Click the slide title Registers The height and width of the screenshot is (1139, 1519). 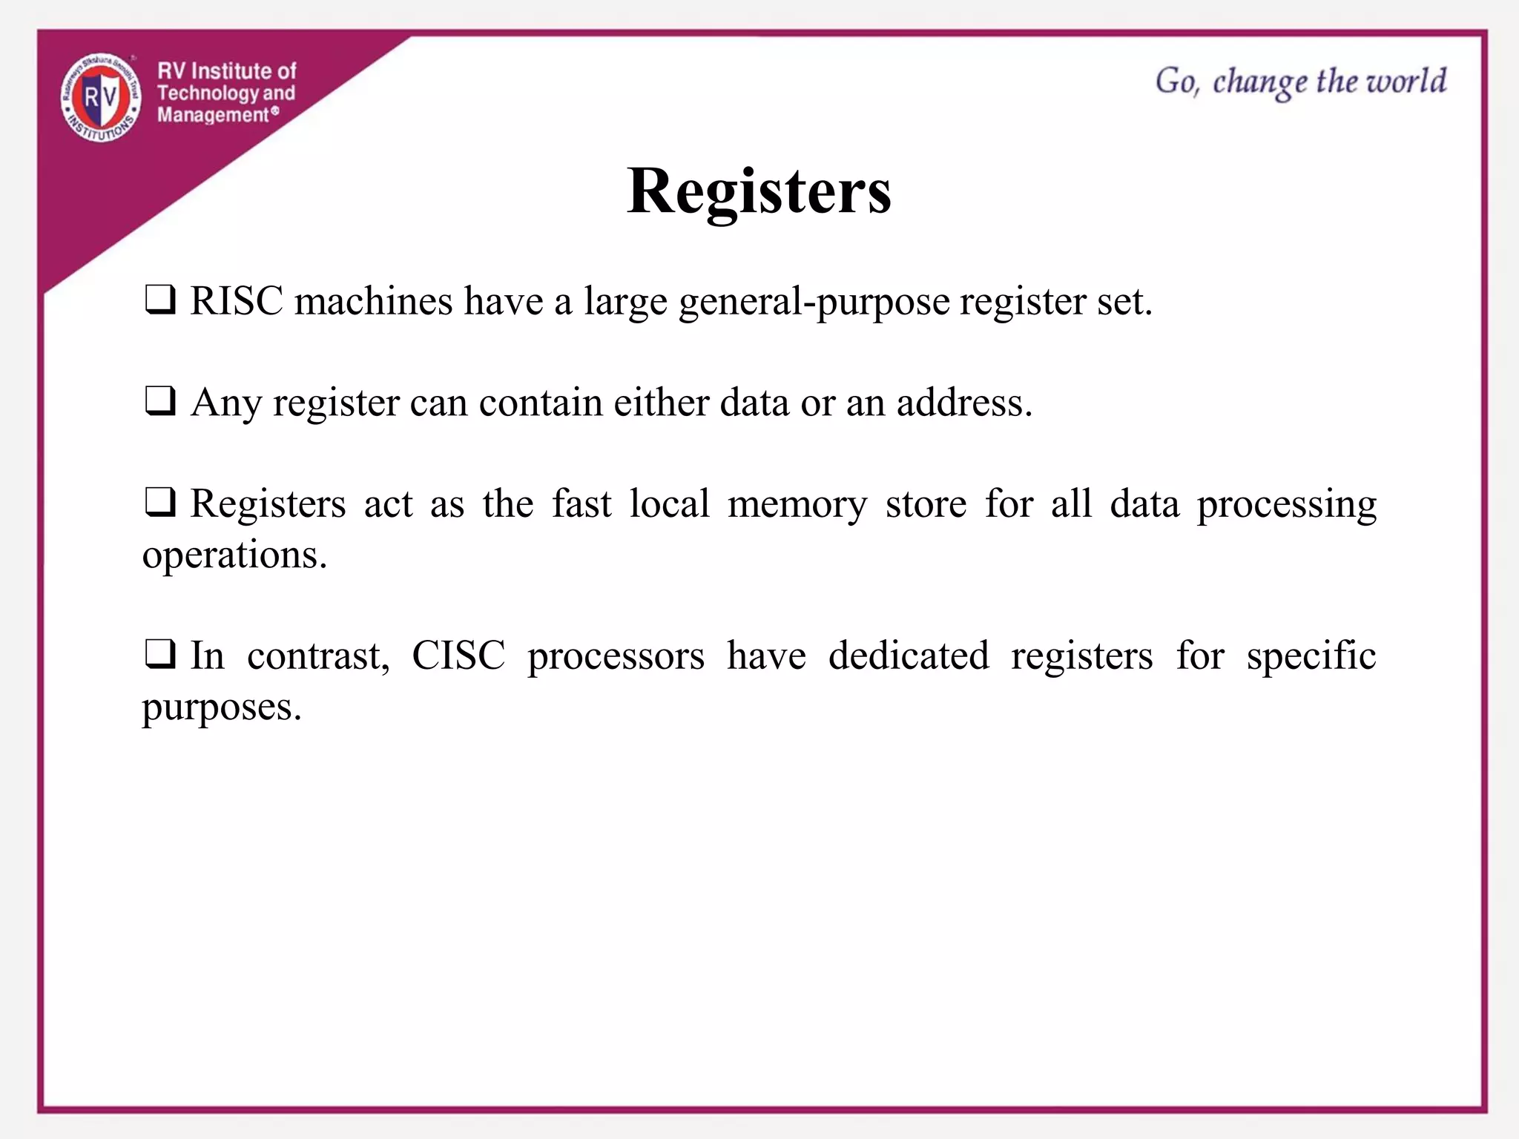(x=759, y=191)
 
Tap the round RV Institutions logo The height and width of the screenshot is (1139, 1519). (x=101, y=98)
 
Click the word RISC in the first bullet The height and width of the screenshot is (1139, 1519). (x=237, y=301)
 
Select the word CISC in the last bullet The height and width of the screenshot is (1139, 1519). (x=458, y=656)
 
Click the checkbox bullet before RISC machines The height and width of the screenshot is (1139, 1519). (x=159, y=300)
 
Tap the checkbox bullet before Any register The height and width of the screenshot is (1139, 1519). (x=159, y=402)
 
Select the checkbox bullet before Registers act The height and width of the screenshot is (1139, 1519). (x=159, y=503)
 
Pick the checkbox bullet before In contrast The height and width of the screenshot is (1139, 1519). (x=159, y=655)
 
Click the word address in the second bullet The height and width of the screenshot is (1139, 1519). (x=963, y=403)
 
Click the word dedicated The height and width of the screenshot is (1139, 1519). (x=909, y=656)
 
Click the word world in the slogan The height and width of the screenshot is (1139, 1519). (x=1406, y=81)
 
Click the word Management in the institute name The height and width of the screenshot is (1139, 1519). (x=213, y=115)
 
